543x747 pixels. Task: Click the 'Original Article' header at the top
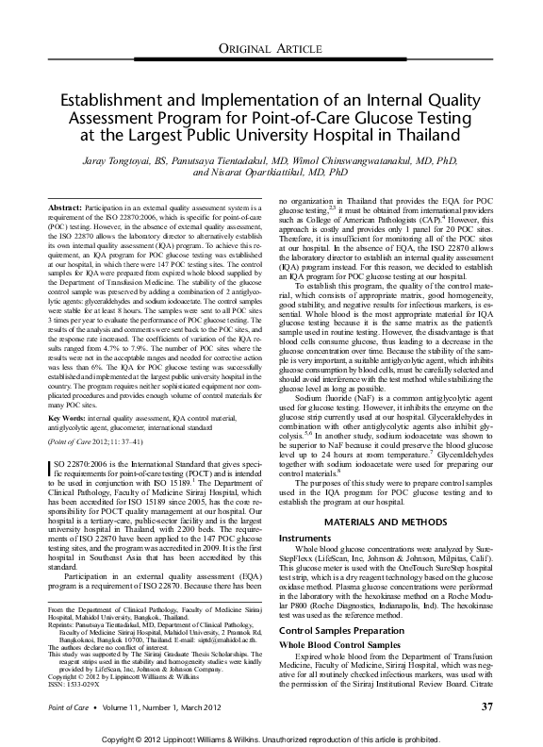271,48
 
